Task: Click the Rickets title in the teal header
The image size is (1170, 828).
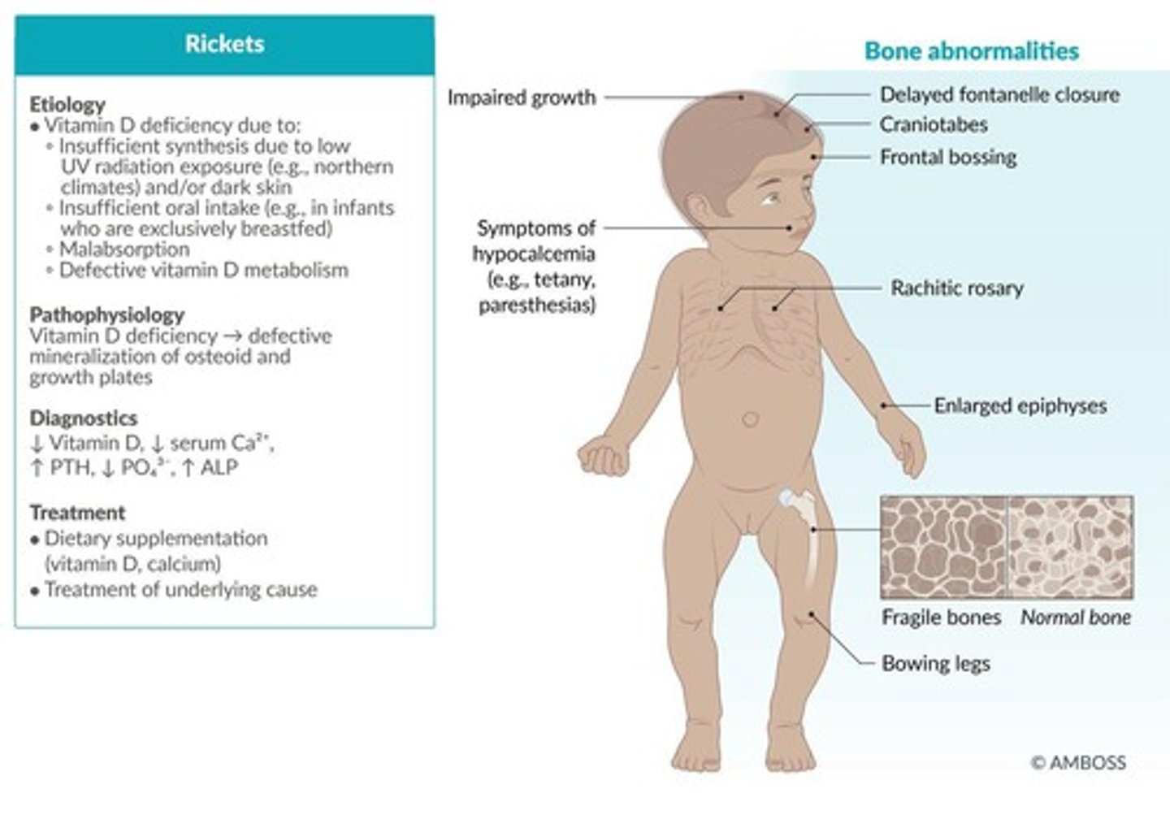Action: click(224, 44)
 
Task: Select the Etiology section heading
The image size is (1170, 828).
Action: click(67, 104)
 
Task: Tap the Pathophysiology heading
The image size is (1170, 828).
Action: click(106, 314)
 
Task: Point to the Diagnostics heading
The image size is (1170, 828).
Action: click(83, 418)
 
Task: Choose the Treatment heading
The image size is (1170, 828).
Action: click(77, 513)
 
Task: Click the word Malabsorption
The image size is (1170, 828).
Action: click(123, 249)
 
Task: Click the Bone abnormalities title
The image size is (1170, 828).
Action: click(971, 51)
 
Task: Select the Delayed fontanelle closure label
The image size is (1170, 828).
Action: click(999, 95)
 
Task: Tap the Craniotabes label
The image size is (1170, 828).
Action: click(934, 125)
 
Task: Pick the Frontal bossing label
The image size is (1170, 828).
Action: click(948, 157)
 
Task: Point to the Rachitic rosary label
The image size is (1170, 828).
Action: click(956, 288)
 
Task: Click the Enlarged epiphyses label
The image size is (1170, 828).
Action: click(1020, 405)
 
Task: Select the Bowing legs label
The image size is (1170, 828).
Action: click(935, 664)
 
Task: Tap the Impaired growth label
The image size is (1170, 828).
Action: click(522, 98)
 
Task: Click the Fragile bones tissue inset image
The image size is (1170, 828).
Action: click(944, 548)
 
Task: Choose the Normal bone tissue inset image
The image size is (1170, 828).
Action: click(1071, 548)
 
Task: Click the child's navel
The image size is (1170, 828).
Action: click(750, 420)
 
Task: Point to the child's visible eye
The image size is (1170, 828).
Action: click(769, 197)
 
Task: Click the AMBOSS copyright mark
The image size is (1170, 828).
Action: click(1078, 762)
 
